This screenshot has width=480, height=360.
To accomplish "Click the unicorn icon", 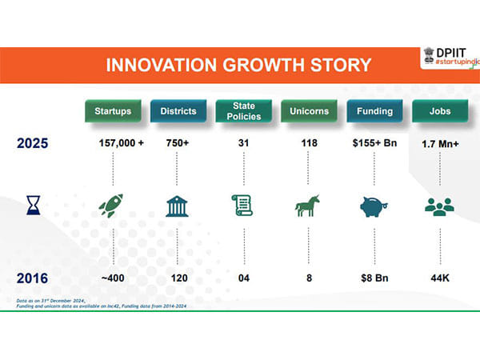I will [x=306, y=207].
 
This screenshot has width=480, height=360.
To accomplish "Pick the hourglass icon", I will [x=33, y=206].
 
